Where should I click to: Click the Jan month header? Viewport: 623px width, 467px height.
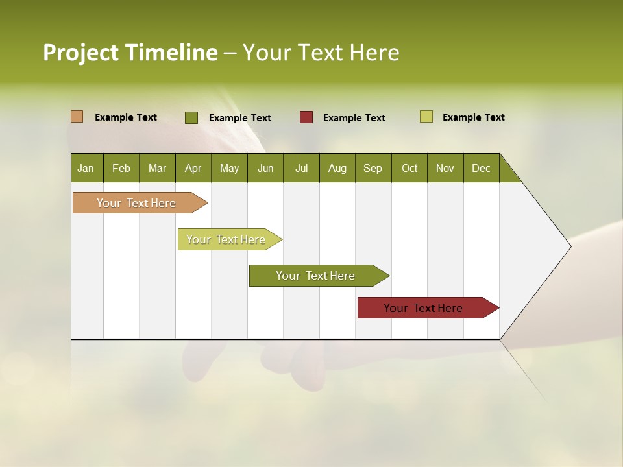86,168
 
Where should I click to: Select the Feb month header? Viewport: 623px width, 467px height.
121,168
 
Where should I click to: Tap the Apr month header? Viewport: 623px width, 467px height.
193,168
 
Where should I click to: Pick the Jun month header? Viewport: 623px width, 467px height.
265,168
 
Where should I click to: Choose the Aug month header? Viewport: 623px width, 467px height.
337,168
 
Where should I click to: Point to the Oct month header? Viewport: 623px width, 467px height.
409,168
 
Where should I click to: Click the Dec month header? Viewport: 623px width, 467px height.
482,168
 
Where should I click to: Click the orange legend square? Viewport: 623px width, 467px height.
77,117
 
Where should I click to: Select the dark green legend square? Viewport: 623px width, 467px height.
191,117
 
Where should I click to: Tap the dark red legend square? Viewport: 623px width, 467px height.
306,117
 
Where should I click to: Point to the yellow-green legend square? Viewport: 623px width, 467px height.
426,117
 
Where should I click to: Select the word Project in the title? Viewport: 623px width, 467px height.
81,53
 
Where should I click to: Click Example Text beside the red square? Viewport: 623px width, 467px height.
354,118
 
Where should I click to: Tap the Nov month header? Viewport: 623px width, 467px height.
445,168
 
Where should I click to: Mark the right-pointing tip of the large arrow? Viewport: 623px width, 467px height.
570,246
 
